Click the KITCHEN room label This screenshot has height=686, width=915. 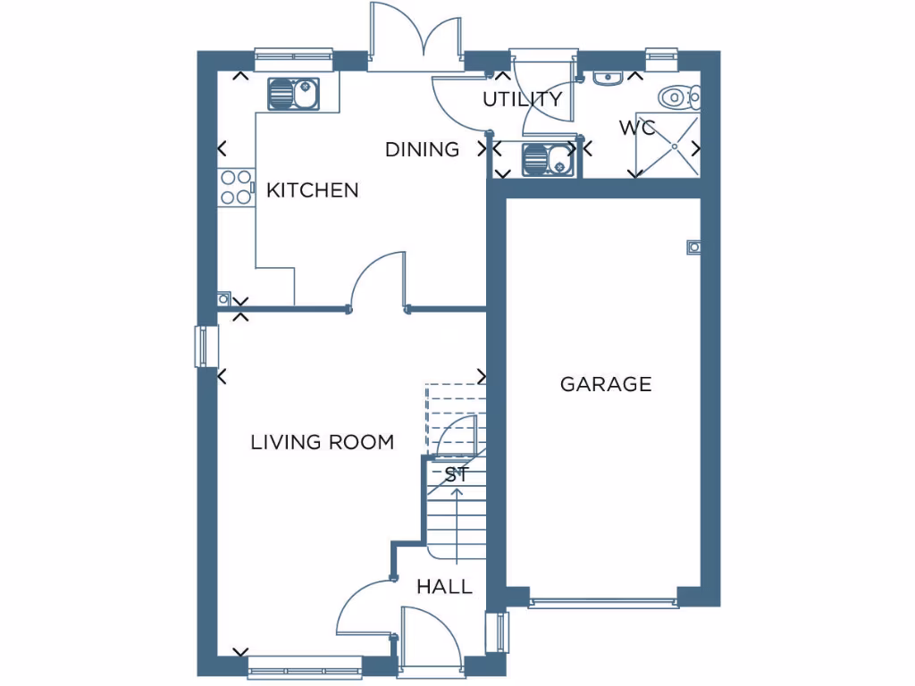pyautogui.click(x=313, y=190)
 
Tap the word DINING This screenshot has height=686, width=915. pyautogui.click(x=422, y=149)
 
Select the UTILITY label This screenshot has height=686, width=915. pyautogui.click(x=523, y=99)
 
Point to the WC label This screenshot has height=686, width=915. pyautogui.click(x=637, y=128)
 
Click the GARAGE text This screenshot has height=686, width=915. pyautogui.click(x=606, y=384)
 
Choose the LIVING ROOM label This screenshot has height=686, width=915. pyautogui.click(x=322, y=442)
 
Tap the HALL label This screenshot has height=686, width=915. pyautogui.click(x=444, y=587)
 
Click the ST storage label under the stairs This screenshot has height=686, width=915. pyautogui.click(x=457, y=475)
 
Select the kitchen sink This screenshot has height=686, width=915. pyautogui.click(x=293, y=93)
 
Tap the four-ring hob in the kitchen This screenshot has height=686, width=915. pyautogui.click(x=236, y=188)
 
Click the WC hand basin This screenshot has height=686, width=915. pyautogui.click(x=607, y=79)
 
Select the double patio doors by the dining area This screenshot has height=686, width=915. pyautogui.click(x=416, y=40)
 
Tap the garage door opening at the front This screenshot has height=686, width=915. pyautogui.click(x=603, y=603)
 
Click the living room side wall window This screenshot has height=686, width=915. pyautogui.click(x=206, y=347)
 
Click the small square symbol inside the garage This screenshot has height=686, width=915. pyautogui.click(x=693, y=247)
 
